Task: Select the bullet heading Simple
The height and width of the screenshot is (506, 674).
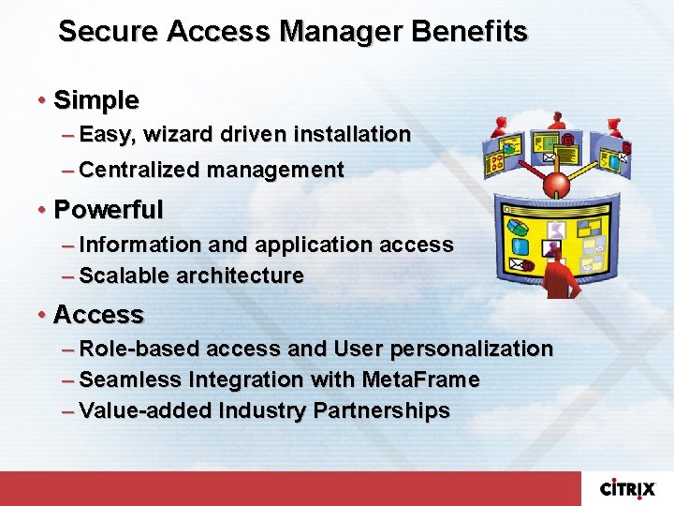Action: click(x=96, y=99)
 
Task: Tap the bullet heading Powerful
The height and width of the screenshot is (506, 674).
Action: click(x=109, y=209)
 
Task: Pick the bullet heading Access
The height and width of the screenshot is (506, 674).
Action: click(x=98, y=314)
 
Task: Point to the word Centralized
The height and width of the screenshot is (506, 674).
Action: click(x=140, y=170)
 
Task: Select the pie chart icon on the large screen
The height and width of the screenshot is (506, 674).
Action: click(x=515, y=230)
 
